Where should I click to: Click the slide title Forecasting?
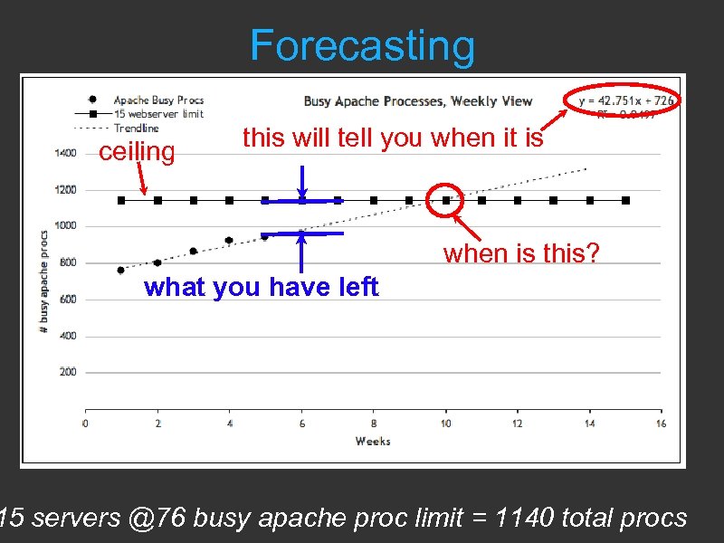point(361,46)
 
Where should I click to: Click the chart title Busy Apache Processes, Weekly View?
point(417,101)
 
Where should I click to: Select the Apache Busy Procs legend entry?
point(158,100)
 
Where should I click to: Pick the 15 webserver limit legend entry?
point(158,114)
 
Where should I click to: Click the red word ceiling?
point(136,151)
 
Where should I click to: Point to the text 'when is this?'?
point(520,253)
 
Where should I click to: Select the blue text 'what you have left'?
point(261,288)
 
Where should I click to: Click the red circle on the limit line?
point(445,200)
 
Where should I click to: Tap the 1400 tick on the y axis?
point(65,154)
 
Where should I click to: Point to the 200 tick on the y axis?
point(67,372)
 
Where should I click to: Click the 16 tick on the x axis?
point(662,424)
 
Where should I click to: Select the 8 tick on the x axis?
point(374,424)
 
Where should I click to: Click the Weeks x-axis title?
point(373,441)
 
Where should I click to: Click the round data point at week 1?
point(121,270)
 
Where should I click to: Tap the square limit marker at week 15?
point(625,200)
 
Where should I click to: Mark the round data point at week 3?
point(193,251)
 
